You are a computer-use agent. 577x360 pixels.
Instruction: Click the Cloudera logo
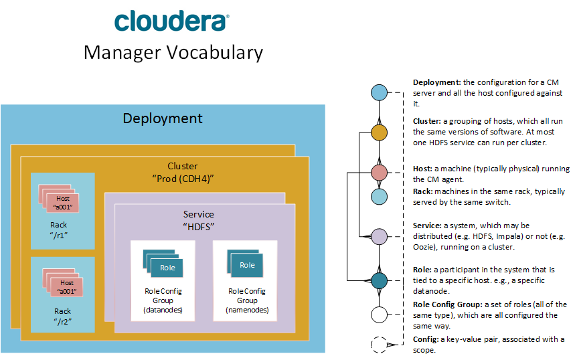[x=171, y=21]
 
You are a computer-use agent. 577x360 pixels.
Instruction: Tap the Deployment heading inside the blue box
[x=163, y=118]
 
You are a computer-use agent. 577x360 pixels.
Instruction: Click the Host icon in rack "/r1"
[x=62, y=199]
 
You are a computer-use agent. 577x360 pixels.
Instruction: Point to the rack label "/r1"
[x=62, y=235]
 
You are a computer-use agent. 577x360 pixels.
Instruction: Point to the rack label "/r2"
[x=62, y=321]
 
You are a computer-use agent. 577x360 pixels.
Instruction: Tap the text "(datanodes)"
[x=163, y=310]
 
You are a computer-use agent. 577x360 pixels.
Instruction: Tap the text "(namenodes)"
[x=247, y=310]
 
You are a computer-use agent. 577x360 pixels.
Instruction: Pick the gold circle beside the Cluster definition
[x=380, y=132]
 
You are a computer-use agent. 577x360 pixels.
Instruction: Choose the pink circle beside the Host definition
[x=380, y=172]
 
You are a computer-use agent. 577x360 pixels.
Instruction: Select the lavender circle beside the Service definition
[x=380, y=236]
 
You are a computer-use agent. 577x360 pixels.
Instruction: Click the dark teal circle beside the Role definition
[x=380, y=280]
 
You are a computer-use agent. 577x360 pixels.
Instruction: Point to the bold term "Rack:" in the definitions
[x=424, y=192]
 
